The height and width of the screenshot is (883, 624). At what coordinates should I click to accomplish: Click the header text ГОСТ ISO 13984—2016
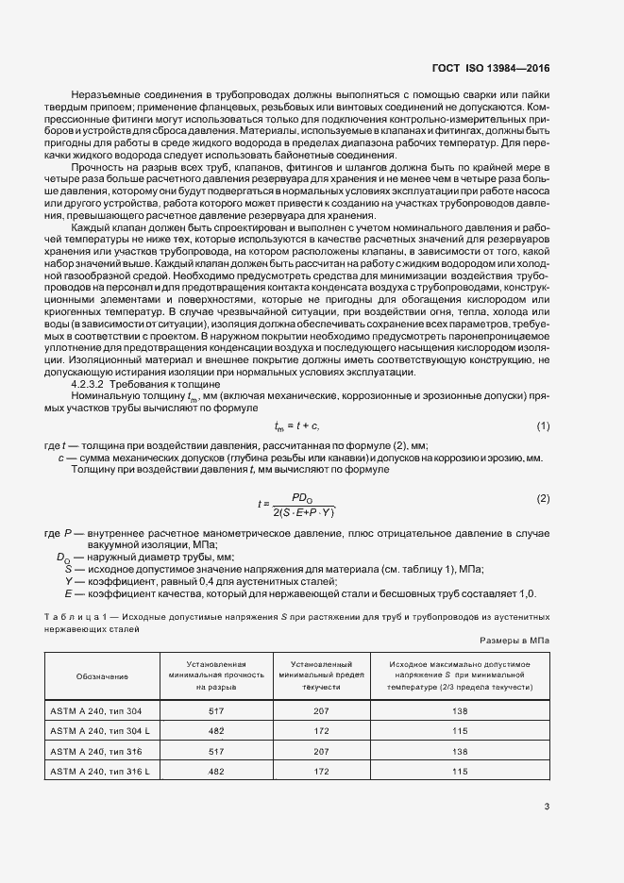[x=492, y=68]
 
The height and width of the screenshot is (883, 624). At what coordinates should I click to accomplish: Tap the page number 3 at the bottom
[x=547, y=806]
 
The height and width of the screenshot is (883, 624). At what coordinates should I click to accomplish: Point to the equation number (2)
[x=543, y=497]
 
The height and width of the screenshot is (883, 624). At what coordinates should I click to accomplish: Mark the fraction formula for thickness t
[x=300, y=504]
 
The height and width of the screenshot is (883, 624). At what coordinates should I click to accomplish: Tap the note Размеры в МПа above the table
[x=514, y=640]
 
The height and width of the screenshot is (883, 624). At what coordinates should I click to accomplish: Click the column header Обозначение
[x=105, y=676]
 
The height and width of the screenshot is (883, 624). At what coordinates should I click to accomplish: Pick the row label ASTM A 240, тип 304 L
[x=100, y=731]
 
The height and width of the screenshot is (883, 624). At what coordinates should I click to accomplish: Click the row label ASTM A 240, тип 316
[x=95, y=751]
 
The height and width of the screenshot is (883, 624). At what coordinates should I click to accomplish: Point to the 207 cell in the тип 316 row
[x=322, y=751]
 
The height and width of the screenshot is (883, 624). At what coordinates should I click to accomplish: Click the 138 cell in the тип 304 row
[x=460, y=710]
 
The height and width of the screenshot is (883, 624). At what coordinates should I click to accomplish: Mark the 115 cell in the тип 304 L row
[x=460, y=731]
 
